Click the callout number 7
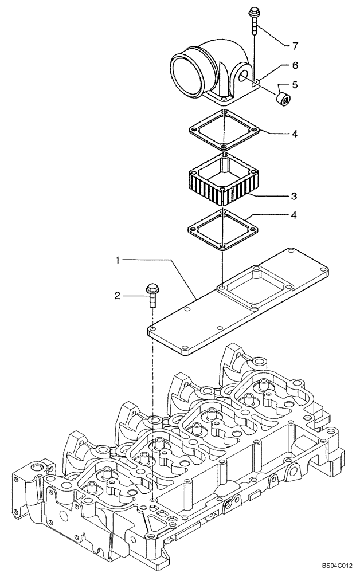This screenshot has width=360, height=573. point(295,44)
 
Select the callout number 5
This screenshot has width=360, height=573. point(295,85)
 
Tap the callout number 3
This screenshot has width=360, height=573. point(294,196)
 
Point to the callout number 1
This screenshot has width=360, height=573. point(117,260)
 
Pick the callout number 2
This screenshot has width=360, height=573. point(117,296)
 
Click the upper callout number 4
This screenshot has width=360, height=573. point(294,134)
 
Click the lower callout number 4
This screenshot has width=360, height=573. point(294,215)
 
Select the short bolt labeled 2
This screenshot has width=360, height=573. point(152,293)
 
